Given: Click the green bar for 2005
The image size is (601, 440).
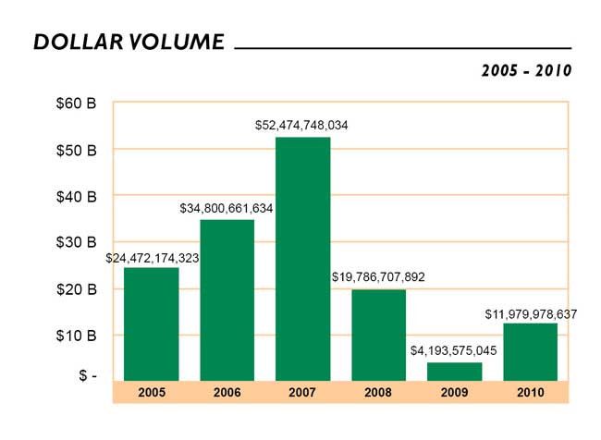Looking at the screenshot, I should pos(151,324).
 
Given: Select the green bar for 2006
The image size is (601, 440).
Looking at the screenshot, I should pos(227,299).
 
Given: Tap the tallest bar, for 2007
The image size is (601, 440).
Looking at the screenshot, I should pos(302,259).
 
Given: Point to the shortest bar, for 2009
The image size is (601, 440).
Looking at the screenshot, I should pos(454,371).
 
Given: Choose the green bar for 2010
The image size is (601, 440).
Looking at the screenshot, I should pos(530,351).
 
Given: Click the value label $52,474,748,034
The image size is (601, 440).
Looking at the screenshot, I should pos(302,125).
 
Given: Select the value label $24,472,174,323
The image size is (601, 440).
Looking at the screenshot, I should pos(152,257).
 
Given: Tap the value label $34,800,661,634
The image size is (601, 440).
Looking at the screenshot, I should pos(227,209).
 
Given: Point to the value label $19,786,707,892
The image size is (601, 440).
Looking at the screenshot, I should pos(378,276).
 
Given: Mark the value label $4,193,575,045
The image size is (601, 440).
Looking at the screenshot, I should pos(454,350).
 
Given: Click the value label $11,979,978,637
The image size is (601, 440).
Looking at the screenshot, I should pos(531,314).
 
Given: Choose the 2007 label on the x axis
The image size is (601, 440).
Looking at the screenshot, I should pos(302,393).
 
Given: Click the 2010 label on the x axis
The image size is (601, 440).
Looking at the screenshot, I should pos(530,393).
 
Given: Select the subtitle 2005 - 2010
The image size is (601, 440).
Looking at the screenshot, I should pos(526,70).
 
